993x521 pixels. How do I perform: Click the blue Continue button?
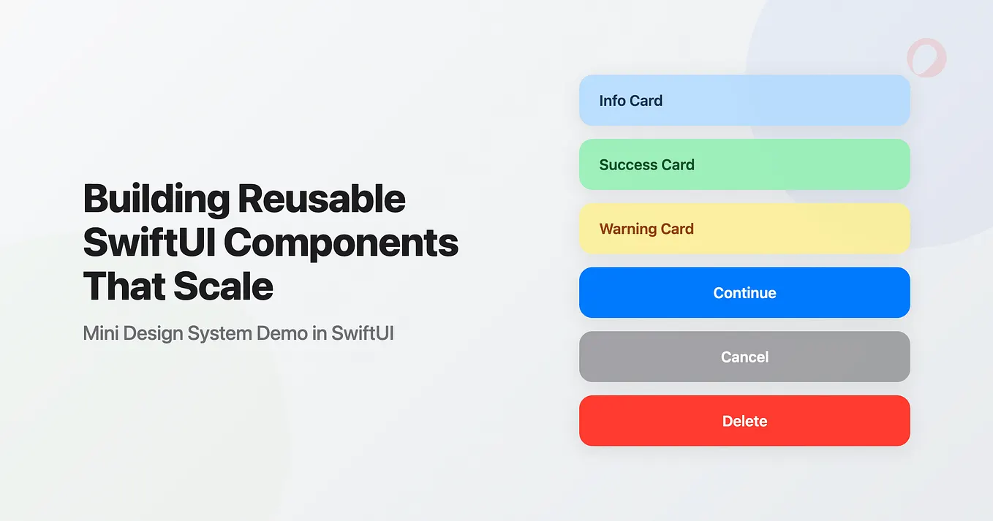click(744, 292)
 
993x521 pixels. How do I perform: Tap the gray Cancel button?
click(744, 357)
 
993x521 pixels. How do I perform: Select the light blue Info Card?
click(744, 100)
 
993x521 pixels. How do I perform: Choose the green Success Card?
click(744, 164)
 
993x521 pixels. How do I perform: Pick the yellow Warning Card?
click(744, 229)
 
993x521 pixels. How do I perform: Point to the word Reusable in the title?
click(322, 199)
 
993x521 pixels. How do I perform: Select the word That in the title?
click(122, 286)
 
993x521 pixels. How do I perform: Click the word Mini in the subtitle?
click(100, 333)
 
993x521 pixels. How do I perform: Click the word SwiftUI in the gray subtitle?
click(363, 333)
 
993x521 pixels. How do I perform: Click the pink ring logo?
click(926, 58)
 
